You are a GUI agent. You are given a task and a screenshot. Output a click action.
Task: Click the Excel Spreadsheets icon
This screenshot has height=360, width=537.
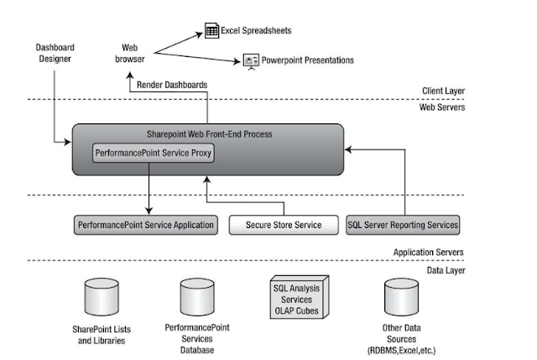(x=211, y=32)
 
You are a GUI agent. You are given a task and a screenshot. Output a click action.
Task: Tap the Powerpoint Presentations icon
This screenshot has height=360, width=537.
(x=249, y=60)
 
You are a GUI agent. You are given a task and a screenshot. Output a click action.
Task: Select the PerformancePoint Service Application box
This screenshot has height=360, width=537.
(x=145, y=225)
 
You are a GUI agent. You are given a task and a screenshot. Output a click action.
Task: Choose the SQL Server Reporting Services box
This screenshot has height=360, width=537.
(x=403, y=225)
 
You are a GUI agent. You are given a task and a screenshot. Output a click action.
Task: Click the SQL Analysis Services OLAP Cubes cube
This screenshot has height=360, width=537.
(x=296, y=295)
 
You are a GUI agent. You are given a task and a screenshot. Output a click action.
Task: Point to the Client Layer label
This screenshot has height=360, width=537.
(x=445, y=91)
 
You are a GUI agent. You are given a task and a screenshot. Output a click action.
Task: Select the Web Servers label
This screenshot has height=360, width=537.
(x=445, y=107)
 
